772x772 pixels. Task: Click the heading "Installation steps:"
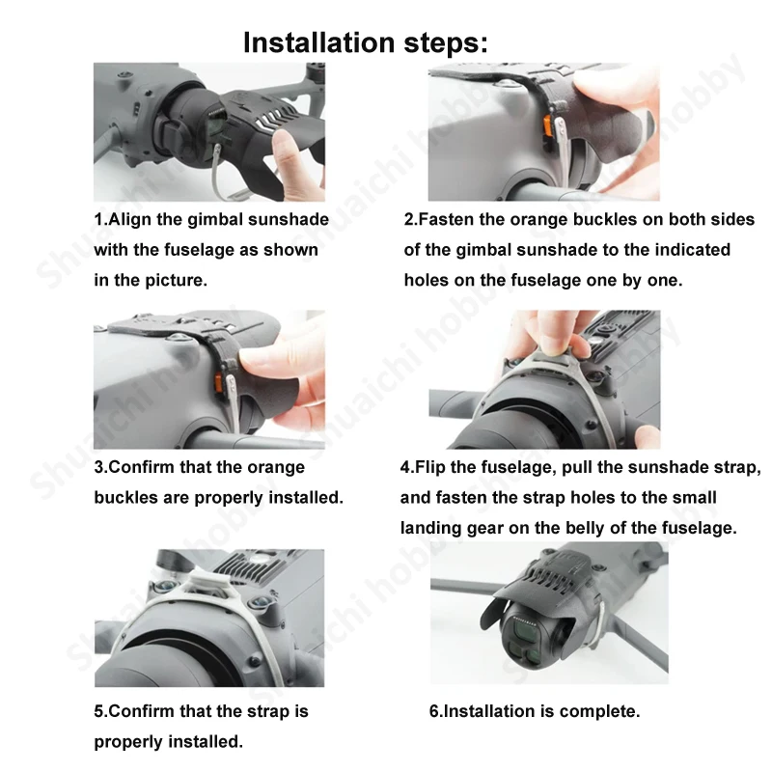pos(366,42)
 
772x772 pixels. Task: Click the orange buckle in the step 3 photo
pos(219,384)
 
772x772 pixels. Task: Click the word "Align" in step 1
pos(129,220)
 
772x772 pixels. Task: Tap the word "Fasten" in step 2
pos(446,220)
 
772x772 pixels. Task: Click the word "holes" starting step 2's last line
pos(427,280)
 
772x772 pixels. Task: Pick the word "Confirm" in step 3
pos(141,467)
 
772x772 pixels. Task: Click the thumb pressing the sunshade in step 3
pos(261,362)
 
